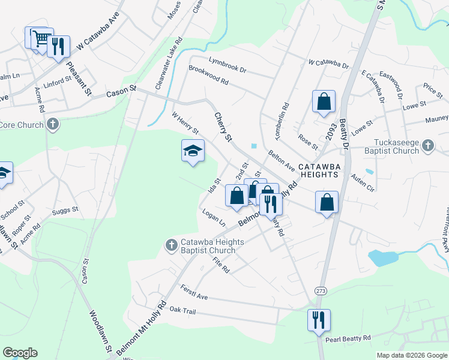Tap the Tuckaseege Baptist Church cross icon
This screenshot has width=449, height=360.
tap(427, 145)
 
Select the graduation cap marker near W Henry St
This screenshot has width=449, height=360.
tap(193, 151)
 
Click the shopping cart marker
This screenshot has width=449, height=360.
tap(41, 39)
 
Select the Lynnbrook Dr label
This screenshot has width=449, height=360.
tap(228, 61)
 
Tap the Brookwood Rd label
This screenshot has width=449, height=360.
tap(208, 74)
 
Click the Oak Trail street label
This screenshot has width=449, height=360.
tap(182, 310)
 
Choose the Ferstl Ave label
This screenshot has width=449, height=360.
tap(193, 293)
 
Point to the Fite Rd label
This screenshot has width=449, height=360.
tap(221, 265)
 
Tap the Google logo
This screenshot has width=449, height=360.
tap(20, 353)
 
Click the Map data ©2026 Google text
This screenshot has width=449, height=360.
tap(411, 355)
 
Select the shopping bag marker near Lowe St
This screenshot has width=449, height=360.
tap(324, 102)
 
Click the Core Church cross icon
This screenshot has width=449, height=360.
tap(53, 125)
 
